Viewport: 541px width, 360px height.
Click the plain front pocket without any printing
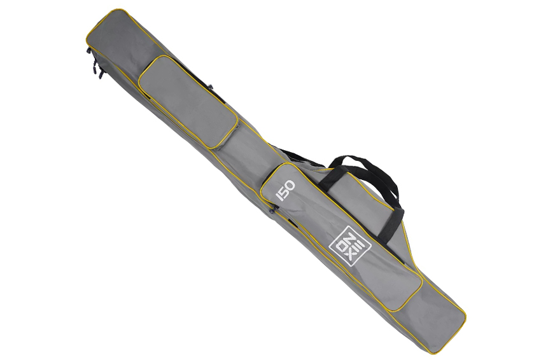(x=188, y=102)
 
